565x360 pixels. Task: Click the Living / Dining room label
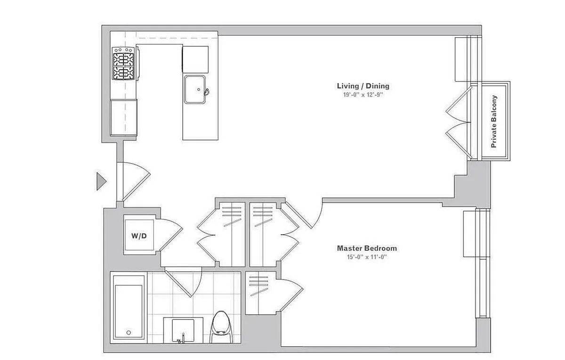[363, 86]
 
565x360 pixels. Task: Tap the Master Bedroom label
[367, 248]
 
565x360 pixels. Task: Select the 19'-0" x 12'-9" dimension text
[363, 95]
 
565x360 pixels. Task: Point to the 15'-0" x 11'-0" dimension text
[367, 257]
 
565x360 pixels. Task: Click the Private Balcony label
[494, 122]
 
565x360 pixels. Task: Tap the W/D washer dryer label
[139, 236]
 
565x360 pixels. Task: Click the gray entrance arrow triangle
[101, 181]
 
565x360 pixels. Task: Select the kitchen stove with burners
[123, 64]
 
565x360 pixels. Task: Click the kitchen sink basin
[194, 90]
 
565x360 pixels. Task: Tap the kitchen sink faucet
[206, 92]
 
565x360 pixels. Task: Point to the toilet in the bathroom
[221, 327]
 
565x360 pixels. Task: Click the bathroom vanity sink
[183, 330]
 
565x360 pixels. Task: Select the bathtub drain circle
[129, 333]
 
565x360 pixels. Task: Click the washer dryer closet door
[171, 235]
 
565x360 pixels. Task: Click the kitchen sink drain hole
[199, 90]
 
